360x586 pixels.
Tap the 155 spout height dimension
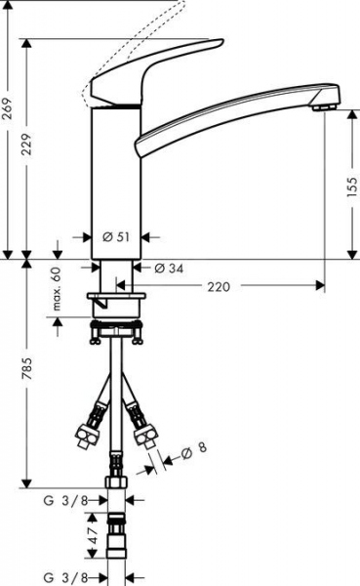pyautogui.click(x=352, y=188)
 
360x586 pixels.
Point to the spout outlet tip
pyautogui.click(x=328, y=102)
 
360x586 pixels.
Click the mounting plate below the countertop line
pyautogui.click(x=116, y=297)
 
